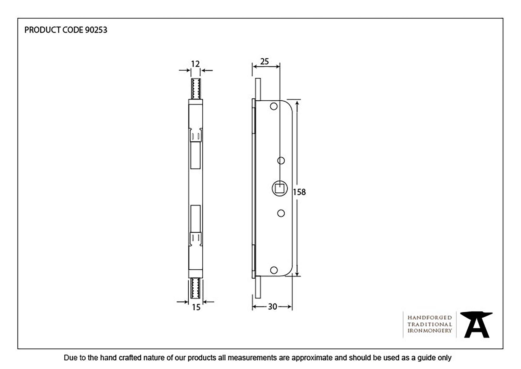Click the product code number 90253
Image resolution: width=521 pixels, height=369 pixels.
[x=96, y=30]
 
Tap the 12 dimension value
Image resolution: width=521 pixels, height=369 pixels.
[x=195, y=64]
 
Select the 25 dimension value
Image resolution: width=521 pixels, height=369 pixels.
[x=264, y=62]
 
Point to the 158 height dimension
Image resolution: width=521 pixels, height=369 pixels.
[x=299, y=192]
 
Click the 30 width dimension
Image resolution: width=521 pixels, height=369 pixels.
[x=272, y=307]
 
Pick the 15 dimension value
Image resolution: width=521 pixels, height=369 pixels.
[x=196, y=308]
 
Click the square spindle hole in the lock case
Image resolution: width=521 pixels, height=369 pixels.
[x=280, y=188]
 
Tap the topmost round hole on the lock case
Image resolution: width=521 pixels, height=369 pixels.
[x=274, y=106]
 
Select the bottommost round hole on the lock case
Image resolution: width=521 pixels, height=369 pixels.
[x=274, y=270]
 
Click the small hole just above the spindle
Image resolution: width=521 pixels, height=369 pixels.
[x=281, y=161]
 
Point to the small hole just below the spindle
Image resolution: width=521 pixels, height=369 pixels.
[x=281, y=213]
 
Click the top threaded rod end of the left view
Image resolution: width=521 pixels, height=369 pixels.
[x=196, y=89]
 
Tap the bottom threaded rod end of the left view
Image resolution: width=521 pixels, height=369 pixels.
[x=196, y=288]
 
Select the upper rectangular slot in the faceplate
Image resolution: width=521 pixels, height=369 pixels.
[x=195, y=155]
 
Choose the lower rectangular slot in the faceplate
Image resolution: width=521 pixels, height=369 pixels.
[x=195, y=218]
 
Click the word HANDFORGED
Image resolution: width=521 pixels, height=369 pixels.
[x=430, y=318]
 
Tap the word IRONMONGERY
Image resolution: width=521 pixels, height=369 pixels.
[x=430, y=331]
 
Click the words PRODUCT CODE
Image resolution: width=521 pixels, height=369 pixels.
[x=54, y=30]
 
